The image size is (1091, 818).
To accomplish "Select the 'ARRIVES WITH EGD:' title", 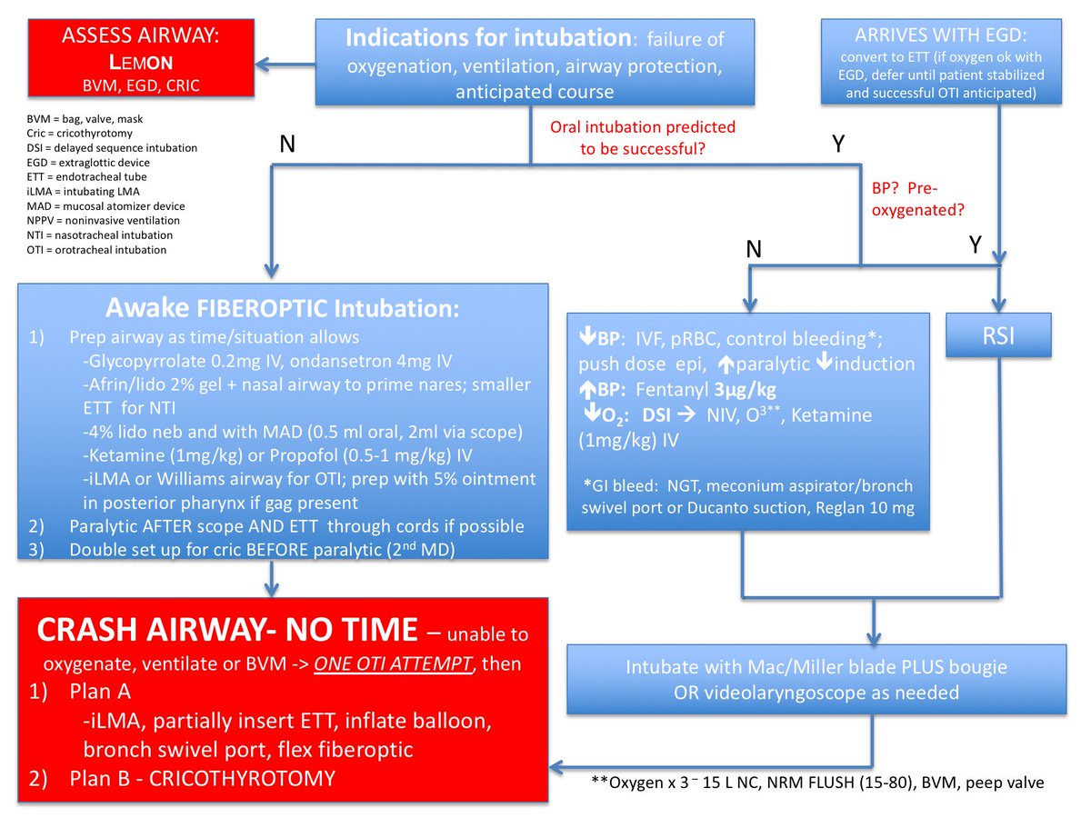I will tap(954, 36).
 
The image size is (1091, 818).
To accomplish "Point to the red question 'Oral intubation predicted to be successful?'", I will tap(643, 136).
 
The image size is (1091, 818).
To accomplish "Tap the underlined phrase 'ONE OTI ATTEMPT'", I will tap(395, 663).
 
